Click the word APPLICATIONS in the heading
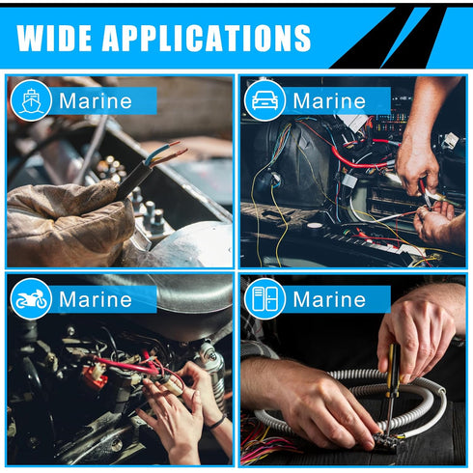(x=207, y=38)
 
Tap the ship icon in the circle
(x=31, y=99)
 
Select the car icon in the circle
(x=264, y=99)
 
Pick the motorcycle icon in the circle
(x=31, y=299)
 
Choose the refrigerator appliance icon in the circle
(x=264, y=299)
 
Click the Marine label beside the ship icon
(x=96, y=100)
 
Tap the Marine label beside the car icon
(x=329, y=100)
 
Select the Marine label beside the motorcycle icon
(x=96, y=299)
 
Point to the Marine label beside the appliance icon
(x=329, y=299)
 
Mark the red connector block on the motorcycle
(x=94, y=377)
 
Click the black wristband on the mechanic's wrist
(x=219, y=422)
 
